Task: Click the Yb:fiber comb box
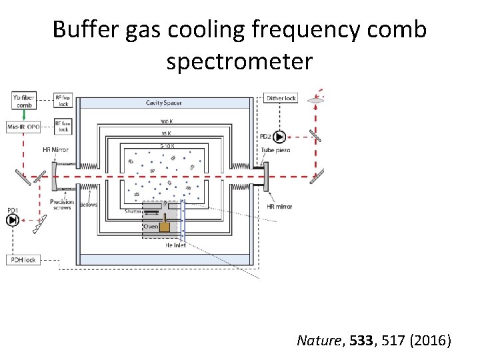coord(23,101)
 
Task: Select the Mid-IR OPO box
coord(23,126)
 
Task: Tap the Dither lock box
coord(281,98)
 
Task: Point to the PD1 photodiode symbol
coord(13,219)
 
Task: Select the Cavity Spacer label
coord(164,103)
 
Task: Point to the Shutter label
coord(134,211)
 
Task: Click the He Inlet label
coord(175,245)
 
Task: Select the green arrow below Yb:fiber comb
coord(24,115)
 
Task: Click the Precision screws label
coord(61,205)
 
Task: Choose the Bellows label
coord(89,205)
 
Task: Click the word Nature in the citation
coord(317,341)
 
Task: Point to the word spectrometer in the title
coord(239,61)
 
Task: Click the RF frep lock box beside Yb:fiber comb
coord(63,101)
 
